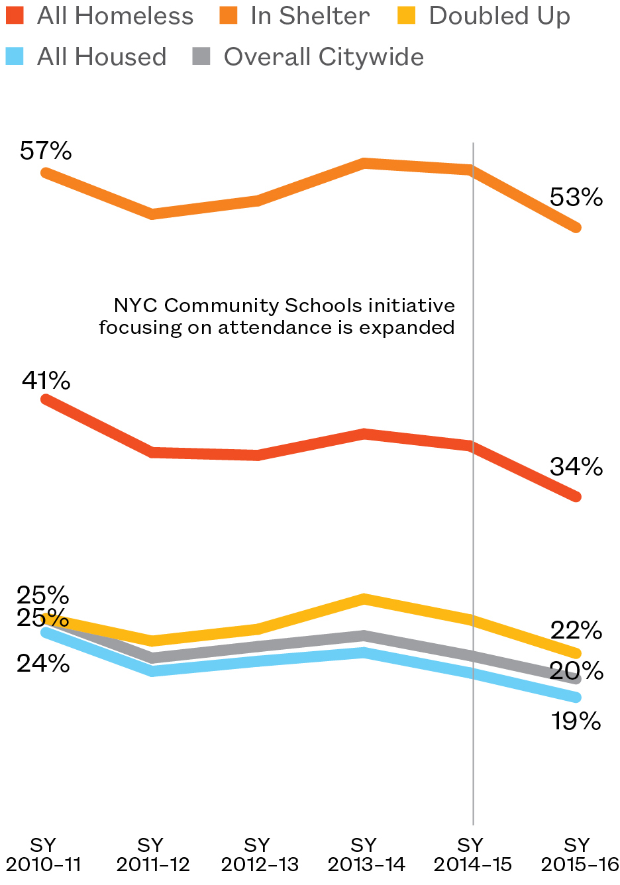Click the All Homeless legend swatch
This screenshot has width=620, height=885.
coord(15,16)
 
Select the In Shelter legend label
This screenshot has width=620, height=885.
coord(310,16)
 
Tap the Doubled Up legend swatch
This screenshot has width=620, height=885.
coord(407,16)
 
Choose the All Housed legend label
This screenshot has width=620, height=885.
coord(101,57)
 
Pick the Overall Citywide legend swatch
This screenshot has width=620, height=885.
coord(201,57)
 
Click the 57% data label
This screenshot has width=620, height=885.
coord(46,151)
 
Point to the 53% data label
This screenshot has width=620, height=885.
coord(576,197)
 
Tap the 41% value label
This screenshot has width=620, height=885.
coord(46,381)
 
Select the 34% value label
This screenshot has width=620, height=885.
coord(576,467)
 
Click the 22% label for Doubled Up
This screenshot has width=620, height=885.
coord(576,631)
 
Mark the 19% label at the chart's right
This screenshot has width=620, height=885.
coord(576,721)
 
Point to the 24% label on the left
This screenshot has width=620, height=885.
coord(43,663)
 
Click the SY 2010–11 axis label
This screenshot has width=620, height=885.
coord(44,855)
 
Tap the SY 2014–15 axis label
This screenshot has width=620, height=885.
coord(472,855)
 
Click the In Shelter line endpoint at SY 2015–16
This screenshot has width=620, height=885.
coord(576,227)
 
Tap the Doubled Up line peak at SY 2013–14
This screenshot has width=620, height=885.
coord(364,599)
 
